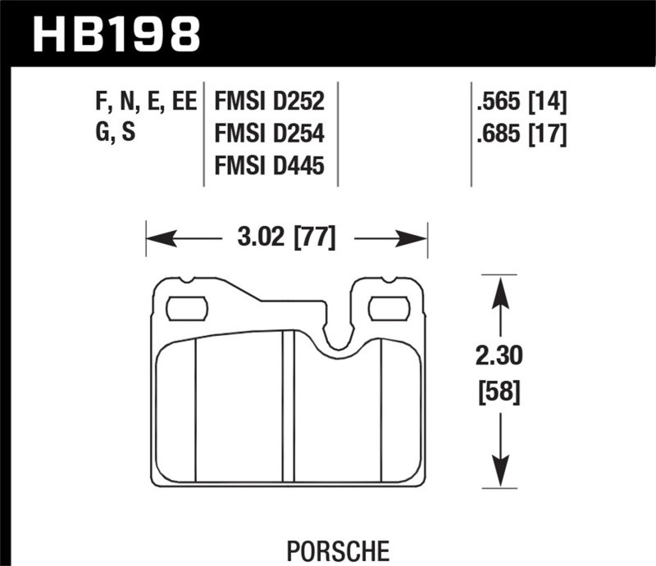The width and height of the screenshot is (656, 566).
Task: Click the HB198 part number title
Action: [115, 34]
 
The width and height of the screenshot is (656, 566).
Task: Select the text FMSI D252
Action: [269, 102]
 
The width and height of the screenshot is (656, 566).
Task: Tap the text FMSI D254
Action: [269, 134]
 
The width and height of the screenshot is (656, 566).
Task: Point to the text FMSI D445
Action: [269, 167]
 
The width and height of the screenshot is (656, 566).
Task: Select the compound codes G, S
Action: [116, 134]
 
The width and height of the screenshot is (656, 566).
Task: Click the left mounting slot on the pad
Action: [187, 309]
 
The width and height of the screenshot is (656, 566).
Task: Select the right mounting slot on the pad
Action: [388, 309]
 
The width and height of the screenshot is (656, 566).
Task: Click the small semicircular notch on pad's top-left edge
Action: [188, 279]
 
